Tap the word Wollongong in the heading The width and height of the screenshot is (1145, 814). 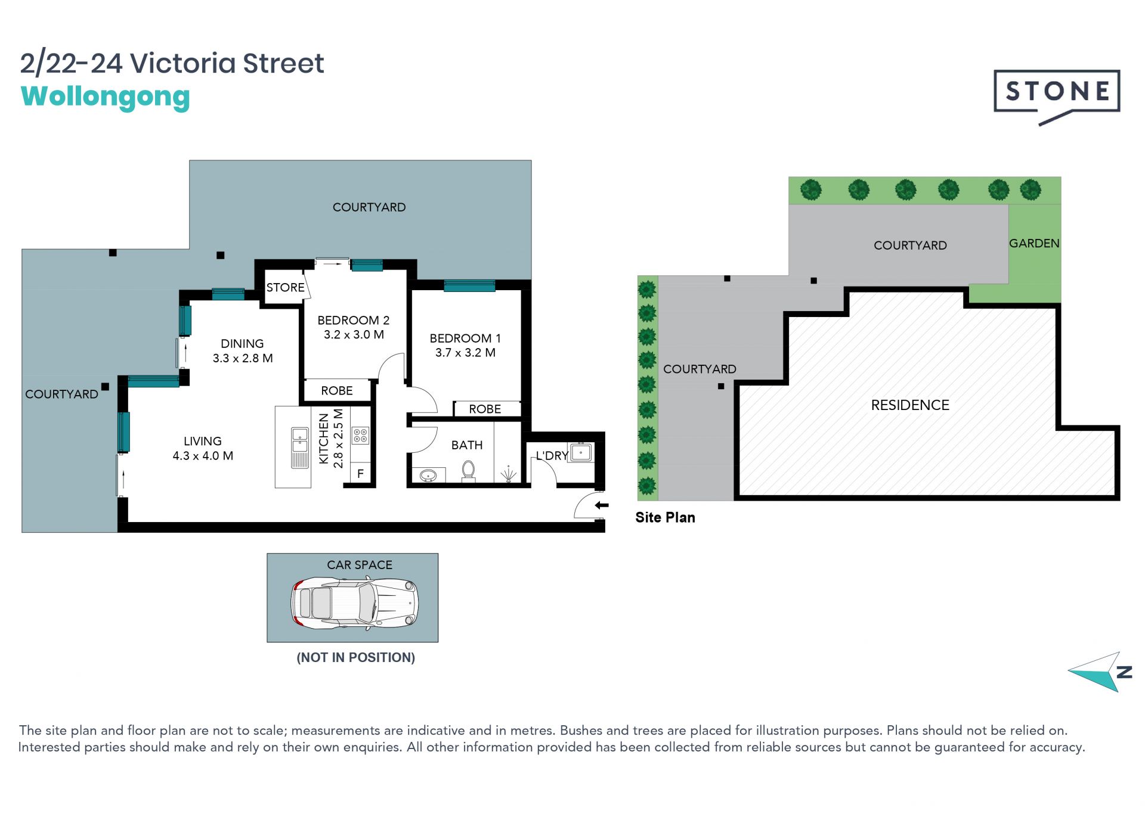point(106,97)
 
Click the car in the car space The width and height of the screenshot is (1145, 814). point(354,603)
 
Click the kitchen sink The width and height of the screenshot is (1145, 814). point(299,448)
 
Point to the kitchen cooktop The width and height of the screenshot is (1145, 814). point(360,436)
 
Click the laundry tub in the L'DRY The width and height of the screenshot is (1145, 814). point(581,452)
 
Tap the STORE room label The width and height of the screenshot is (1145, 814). point(285,287)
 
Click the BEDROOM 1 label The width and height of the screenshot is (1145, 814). point(465,338)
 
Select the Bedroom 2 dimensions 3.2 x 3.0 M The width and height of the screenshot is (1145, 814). point(354,335)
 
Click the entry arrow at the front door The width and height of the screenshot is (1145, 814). point(602,505)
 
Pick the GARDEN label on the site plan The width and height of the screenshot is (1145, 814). point(1034,243)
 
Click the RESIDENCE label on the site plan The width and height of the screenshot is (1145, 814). point(910,405)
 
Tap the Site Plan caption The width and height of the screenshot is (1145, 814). point(665,517)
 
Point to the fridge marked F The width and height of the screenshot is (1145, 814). point(360,474)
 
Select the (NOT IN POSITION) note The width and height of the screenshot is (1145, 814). point(356,658)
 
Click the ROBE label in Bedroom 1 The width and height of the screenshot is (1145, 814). point(485,409)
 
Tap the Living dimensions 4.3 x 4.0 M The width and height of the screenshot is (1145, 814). point(203,456)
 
